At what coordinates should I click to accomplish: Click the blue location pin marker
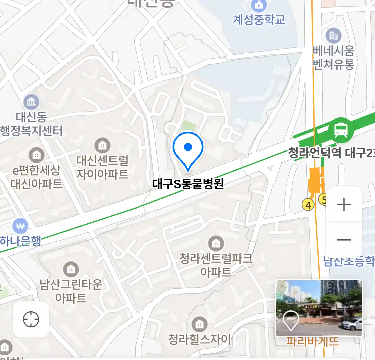point(188,149)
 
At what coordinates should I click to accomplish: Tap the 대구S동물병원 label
point(188,184)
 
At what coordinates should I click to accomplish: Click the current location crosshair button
point(31,320)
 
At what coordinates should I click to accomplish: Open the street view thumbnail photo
point(319,308)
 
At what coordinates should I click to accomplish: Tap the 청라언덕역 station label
point(315,153)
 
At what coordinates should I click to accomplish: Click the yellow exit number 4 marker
point(308,205)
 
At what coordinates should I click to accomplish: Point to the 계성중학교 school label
point(259,20)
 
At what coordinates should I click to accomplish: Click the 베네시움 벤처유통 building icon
point(333,35)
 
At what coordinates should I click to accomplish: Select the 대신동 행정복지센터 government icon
point(31,102)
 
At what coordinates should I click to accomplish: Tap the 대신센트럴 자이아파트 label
point(102,167)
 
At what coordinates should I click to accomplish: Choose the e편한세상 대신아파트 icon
point(36,155)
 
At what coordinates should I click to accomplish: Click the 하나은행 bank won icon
point(20,227)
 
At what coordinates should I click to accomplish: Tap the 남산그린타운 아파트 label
point(71,291)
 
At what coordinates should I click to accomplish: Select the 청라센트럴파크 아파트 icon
point(216,244)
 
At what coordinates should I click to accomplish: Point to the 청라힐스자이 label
point(199,340)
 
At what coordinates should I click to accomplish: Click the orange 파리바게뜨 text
point(312,342)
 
